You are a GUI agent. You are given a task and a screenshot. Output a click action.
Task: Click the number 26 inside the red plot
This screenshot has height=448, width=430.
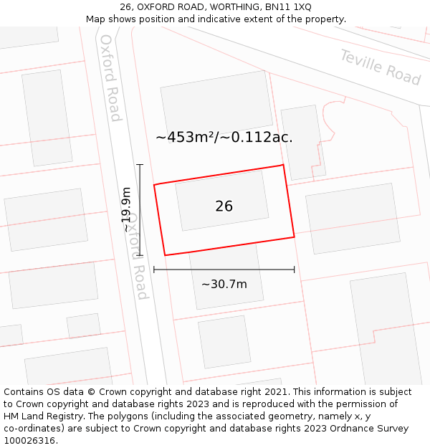click(224, 206)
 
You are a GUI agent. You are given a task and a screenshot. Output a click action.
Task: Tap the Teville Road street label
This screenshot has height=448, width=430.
click(380, 67)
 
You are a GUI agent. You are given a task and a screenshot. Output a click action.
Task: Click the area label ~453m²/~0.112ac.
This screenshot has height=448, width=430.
click(224, 137)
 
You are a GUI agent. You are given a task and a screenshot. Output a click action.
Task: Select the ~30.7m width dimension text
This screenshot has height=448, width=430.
click(224, 285)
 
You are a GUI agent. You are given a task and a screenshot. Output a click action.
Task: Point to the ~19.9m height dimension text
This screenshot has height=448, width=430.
click(126, 209)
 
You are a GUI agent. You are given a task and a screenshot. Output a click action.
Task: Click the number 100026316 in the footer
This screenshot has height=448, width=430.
click(29, 441)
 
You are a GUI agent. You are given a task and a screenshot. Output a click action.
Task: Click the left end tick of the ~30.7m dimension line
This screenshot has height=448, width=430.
click(154, 270)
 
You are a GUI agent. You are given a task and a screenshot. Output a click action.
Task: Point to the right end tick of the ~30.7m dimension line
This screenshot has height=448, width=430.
click(294, 270)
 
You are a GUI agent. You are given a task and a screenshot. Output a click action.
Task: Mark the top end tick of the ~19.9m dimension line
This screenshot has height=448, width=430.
click(140, 165)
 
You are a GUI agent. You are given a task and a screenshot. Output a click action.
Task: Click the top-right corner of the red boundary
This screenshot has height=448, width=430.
click(283, 166)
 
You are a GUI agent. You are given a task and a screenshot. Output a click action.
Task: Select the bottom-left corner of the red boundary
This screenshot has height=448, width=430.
click(166, 254)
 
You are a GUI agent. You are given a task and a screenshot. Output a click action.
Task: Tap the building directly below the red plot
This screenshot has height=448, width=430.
click(226, 280)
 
